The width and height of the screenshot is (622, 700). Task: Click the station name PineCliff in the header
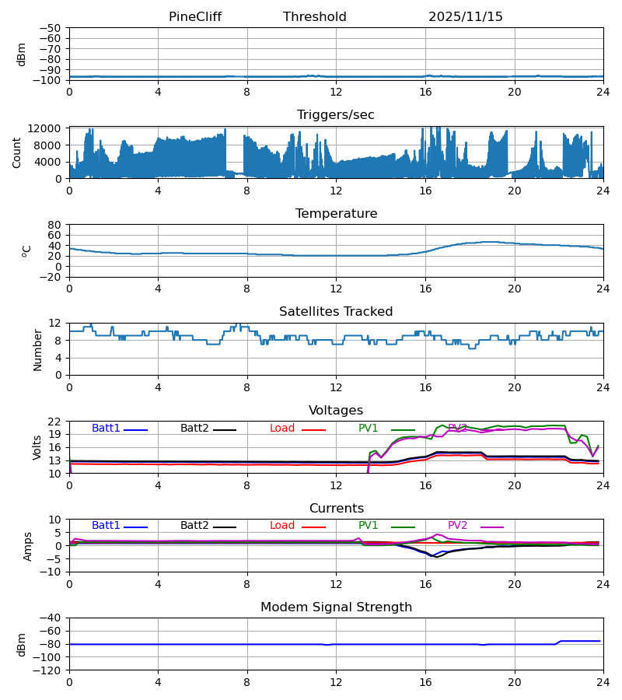(195, 17)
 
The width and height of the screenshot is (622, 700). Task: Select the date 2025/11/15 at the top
(466, 17)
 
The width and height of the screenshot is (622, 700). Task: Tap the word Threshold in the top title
(315, 17)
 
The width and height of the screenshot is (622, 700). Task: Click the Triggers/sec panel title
(336, 115)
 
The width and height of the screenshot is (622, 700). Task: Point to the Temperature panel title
(336, 214)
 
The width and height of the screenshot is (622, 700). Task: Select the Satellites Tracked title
(336, 312)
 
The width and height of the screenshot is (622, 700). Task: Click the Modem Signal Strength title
(336, 607)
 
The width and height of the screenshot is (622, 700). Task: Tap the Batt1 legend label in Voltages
(107, 429)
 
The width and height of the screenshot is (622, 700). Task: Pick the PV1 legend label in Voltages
(369, 429)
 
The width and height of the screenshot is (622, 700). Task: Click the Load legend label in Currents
(282, 526)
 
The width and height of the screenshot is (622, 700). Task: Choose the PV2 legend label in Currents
(458, 526)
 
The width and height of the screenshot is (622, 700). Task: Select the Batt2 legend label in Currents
(194, 526)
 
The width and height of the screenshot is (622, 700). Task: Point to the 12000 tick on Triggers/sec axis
(47, 128)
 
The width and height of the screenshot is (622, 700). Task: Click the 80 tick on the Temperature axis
(54, 225)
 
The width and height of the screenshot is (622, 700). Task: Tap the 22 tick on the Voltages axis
(54, 422)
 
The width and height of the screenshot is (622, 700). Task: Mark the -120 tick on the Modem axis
(48, 670)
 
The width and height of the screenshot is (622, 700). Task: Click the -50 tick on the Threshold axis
(51, 28)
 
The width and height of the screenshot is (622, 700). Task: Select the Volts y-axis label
(37, 447)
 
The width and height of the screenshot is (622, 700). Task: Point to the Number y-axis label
(37, 349)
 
